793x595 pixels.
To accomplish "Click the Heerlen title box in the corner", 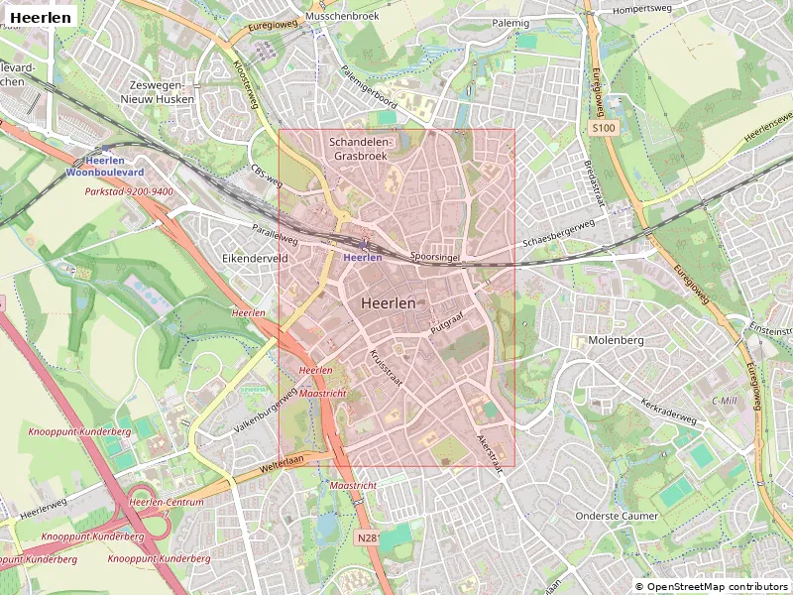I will point(41,17).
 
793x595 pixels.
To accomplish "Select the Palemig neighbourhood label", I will point(510,22).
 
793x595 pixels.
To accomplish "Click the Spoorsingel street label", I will point(436,255).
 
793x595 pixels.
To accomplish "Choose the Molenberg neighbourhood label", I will point(616,340).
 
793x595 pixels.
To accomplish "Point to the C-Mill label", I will point(725,400).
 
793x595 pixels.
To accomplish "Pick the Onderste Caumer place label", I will point(617,517).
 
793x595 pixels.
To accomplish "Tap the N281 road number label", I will point(368,538).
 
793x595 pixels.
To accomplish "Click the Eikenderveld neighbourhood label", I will point(254,257).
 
